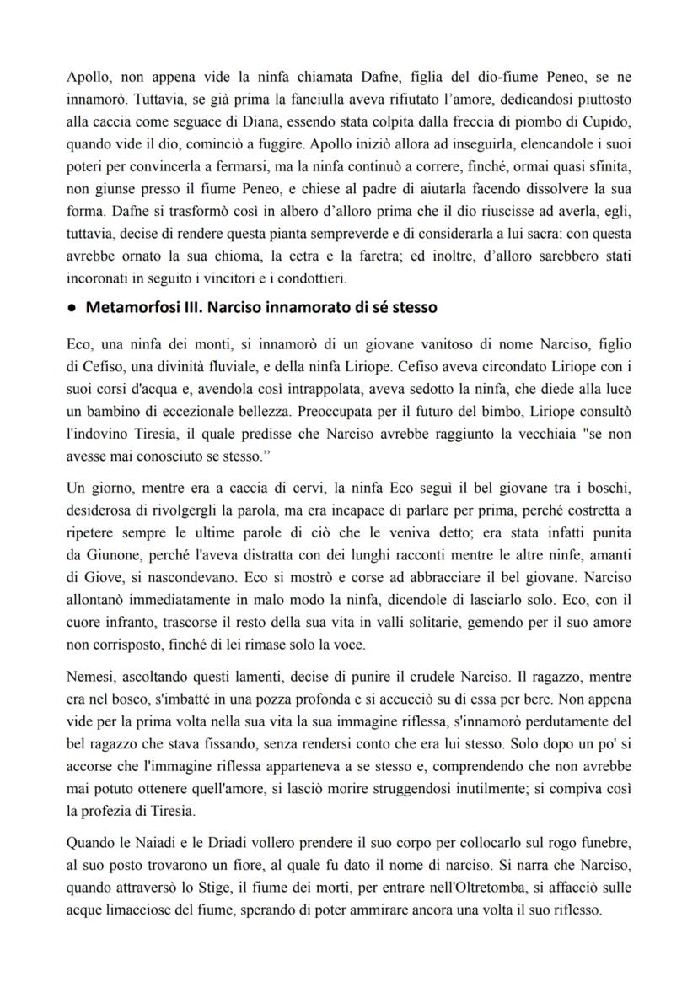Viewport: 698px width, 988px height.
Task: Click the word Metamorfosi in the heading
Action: click(126, 308)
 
